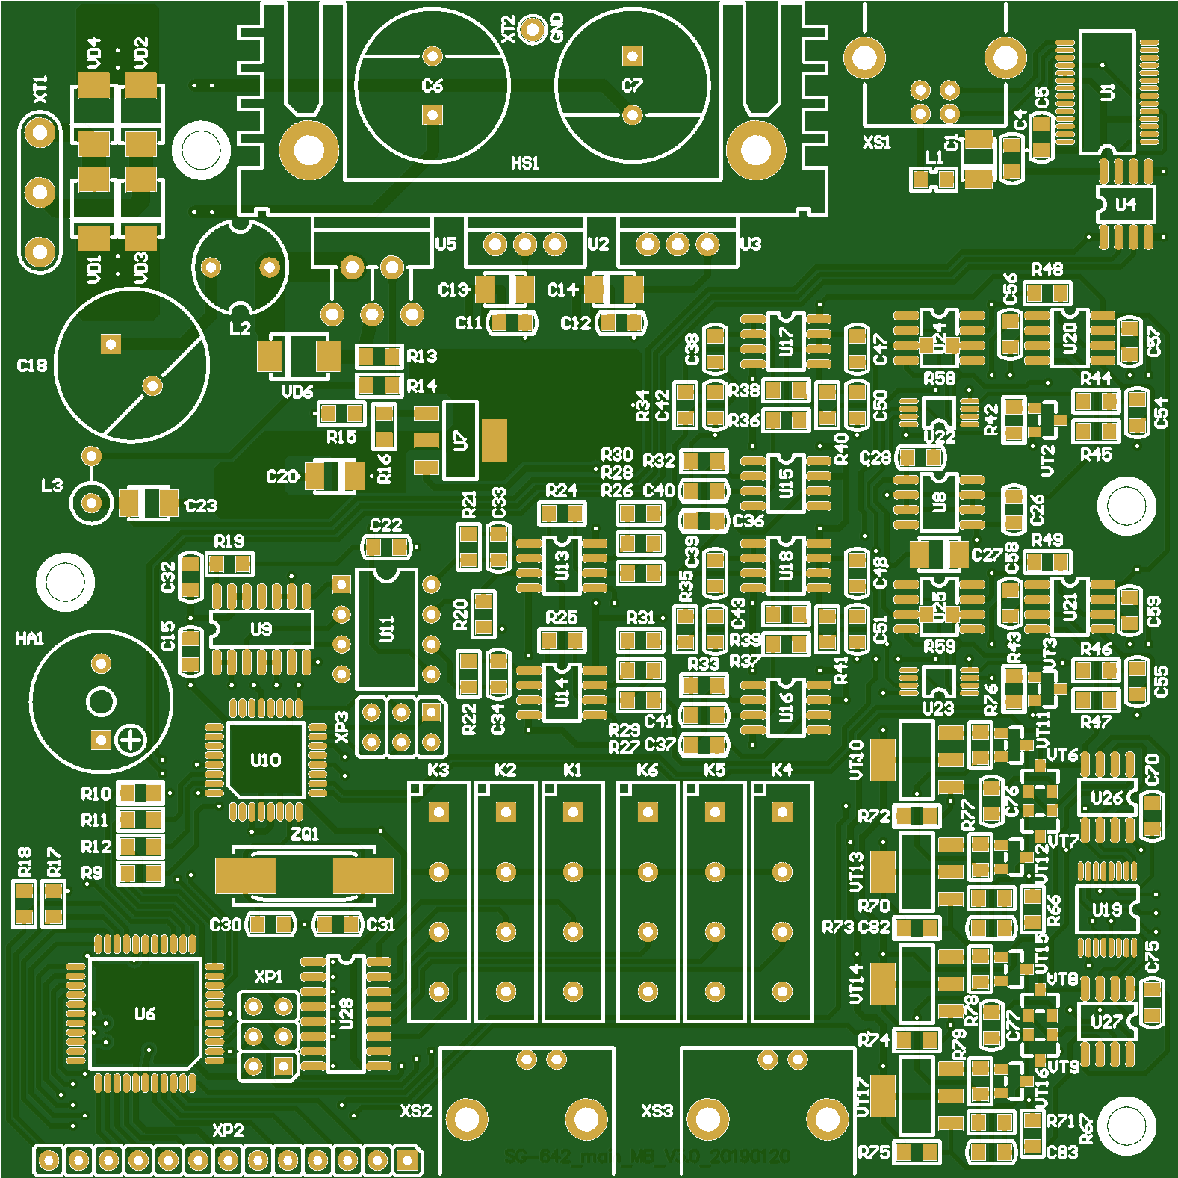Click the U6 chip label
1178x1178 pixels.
pos(145,1014)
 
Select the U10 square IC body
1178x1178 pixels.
pos(265,760)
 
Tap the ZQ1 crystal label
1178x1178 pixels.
pos(304,834)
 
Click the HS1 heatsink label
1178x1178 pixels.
pos(524,163)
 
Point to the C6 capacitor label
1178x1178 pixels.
pos(433,86)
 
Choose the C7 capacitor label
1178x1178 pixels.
pos(632,86)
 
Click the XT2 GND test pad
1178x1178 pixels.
pos(532,29)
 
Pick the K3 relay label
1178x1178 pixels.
pos(438,770)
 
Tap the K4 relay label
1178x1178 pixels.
pos(781,770)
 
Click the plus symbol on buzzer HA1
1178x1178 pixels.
pos(131,740)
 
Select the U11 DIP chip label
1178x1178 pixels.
pos(386,629)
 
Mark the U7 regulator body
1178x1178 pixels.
pos(461,440)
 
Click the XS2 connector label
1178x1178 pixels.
pos(416,1111)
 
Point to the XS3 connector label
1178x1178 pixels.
pos(657,1111)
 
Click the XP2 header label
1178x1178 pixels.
pos(228,1130)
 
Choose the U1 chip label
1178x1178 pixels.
pos(1108,92)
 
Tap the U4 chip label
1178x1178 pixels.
pos(1125,205)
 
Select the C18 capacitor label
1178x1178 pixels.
pos(31,365)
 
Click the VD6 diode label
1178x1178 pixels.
pos(297,392)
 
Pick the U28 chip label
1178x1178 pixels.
pos(346,1014)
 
